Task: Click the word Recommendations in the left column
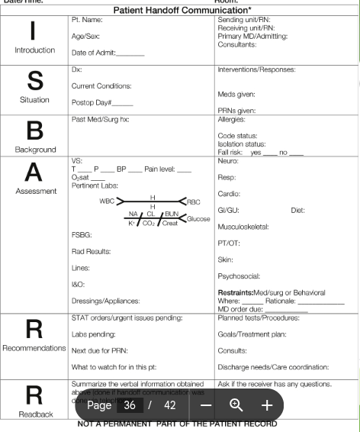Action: [x=34, y=349]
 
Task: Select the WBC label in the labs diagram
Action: [x=107, y=201]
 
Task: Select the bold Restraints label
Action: [x=239, y=292]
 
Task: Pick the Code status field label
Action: [x=237, y=135]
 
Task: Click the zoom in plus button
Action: [x=267, y=406]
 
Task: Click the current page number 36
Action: [x=130, y=406]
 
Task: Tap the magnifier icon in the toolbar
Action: [x=237, y=406]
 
